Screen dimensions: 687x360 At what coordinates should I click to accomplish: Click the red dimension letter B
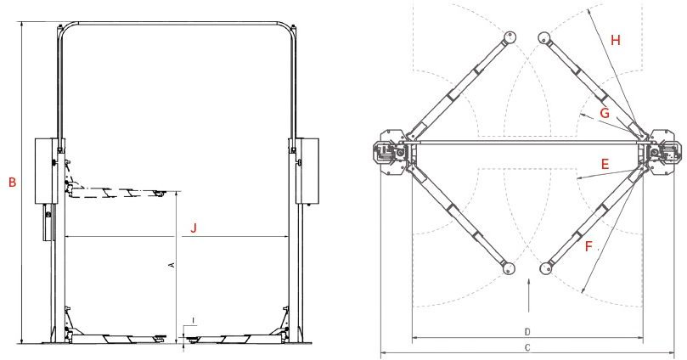click(x=12, y=183)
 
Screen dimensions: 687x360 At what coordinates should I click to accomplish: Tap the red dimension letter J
click(x=194, y=228)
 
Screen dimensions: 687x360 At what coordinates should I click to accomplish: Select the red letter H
click(x=616, y=40)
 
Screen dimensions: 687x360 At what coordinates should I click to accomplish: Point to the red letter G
click(x=605, y=113)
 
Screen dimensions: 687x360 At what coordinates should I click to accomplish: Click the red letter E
click(x=605, y=164)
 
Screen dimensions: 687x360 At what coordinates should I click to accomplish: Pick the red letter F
click(x=588, y=246)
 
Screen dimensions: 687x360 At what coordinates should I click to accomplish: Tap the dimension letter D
click(x=527, y=332)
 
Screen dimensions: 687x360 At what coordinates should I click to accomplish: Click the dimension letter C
click(x=527, y=348)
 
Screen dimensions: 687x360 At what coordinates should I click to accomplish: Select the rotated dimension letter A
click(x=172, y=265)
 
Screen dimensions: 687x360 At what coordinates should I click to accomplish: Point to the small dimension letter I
click(x=194, y=322)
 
